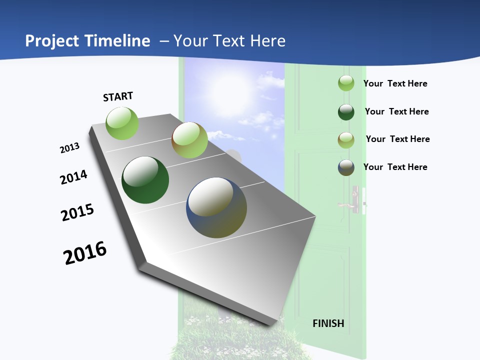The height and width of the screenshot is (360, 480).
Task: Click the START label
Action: tap(118, 96)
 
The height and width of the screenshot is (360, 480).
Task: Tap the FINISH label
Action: tap(328, 323)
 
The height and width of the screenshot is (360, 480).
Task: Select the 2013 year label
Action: tap(69, 148)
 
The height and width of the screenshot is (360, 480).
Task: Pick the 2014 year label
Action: tap(73, 177)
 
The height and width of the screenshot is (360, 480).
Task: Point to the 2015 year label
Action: tap(77, 212)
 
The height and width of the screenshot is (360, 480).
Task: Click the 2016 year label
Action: tap(85, 253)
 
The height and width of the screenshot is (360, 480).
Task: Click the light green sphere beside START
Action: tap(122, 123)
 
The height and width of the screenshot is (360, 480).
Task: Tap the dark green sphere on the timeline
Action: tap(145, 180)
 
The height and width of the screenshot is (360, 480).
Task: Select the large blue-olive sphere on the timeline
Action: tap(216, 207)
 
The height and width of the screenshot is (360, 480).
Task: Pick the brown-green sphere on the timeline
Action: tap(189, 140)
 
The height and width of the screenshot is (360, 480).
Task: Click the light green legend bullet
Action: tap(346, 83)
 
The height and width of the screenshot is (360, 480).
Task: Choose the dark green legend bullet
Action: tap(346, 112)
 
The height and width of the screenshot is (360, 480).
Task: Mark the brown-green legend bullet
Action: tap(346, 140)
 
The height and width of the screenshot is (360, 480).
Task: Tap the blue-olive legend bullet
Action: tap(346, 167)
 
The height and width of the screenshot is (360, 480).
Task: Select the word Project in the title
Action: tap(52, 41)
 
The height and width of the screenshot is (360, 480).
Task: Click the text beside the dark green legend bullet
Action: tap(396, 111)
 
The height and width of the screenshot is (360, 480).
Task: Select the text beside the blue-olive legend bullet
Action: tap(395, 167)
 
